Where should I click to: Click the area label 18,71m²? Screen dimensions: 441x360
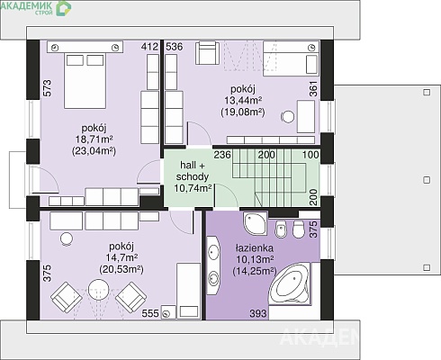point(94,139)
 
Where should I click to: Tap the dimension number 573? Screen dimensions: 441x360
point(48,88)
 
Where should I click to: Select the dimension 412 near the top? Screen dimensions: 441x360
point(149,47)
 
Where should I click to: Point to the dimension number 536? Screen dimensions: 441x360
point(175,47)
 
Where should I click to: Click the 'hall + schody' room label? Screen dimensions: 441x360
point(193,171)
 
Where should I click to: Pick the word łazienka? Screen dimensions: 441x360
point(255,248)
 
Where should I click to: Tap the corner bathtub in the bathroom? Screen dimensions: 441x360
point(291,284)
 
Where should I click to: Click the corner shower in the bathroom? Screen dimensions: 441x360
point(255,224)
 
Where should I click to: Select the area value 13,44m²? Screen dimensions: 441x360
point(243,101)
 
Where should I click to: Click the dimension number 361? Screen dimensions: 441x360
point(313,89)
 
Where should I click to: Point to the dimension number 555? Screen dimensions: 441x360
point(150,313)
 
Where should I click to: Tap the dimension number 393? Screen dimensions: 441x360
point(258,313)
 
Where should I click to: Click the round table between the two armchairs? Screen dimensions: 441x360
point(98,289)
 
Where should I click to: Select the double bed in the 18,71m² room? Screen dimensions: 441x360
point(85,80)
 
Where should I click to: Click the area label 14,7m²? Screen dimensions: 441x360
point(121,258)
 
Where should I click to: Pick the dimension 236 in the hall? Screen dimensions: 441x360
point(222,155)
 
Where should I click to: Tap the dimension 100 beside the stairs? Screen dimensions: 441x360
point(310,155)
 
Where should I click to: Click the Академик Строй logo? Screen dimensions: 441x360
point(36,7)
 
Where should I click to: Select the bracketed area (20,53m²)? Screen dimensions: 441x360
point(121,269)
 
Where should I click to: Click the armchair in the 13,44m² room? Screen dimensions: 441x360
point(207,53)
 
